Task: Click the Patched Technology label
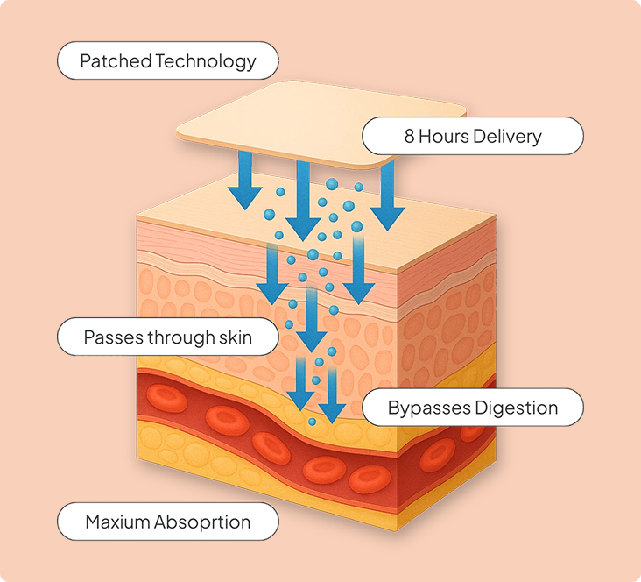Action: pos(167,61)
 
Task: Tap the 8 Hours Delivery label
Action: pos(473,136)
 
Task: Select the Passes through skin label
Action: pos(167,337)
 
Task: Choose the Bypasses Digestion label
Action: pos(473,408)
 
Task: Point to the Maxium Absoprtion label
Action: pos(167,522)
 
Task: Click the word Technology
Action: pos(205,61)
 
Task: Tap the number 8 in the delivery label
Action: pos(409,136)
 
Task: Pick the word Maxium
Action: pos(118,522)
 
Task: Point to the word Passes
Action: pos(110,337)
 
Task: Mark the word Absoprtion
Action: pos(203,522)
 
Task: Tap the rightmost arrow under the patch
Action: pos(387,200)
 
